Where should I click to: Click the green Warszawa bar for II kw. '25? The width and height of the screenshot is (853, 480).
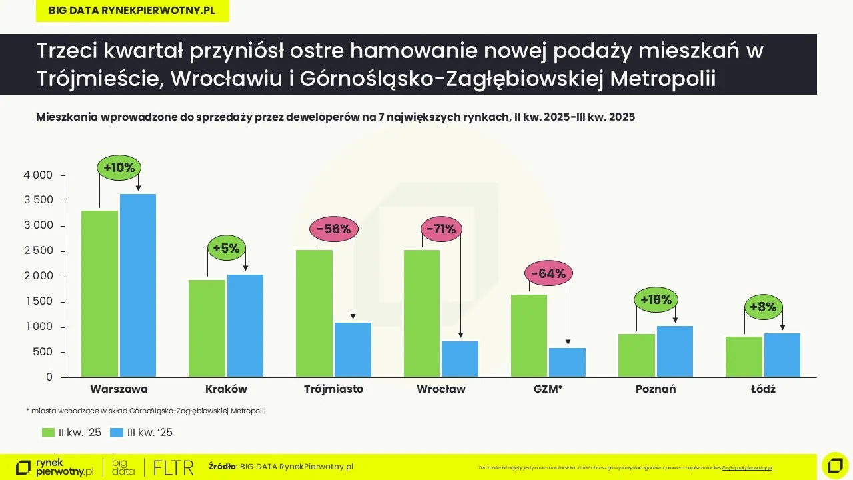coord(99,293)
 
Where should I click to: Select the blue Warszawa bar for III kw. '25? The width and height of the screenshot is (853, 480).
coord(138,285)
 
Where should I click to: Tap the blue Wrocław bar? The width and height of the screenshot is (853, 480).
coord(460,359)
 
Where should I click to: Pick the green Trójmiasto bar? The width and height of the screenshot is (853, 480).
coord(314,313)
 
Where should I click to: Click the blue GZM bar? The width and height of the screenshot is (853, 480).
coord(568,363)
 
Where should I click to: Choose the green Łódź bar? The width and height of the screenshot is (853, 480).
coord(744,357)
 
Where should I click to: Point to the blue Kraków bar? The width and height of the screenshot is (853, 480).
coord(245,325)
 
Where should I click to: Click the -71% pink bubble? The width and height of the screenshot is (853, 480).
coord(441,229)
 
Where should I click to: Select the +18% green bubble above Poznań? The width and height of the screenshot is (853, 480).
coord(656,300)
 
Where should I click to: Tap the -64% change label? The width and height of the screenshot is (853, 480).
coord(548,273)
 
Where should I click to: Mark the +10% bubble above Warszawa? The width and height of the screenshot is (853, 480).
coord(119,168)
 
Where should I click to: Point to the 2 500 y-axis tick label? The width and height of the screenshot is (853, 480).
coord(39,251)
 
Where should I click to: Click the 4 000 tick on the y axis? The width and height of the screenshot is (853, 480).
coord(39,175)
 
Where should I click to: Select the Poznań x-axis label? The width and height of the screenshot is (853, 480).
coord(656,389)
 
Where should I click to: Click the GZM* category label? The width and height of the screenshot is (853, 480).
coord(548,389)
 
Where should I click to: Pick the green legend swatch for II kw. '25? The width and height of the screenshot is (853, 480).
coord(48,433)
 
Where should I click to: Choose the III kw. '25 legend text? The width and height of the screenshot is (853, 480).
coord(150,433)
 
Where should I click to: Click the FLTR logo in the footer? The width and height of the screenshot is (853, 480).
coord(173,467)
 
